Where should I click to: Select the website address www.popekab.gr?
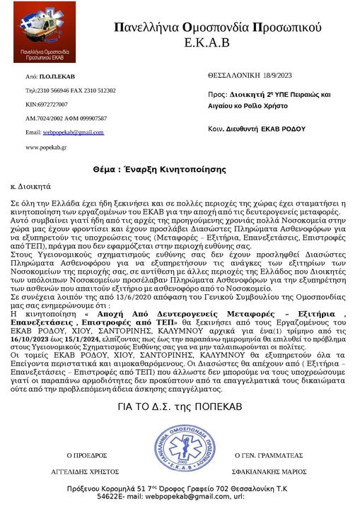coord(46,147)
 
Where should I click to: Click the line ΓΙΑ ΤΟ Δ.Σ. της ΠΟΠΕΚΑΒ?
coord(181,409)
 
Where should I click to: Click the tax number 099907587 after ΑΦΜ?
coord(88,118)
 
